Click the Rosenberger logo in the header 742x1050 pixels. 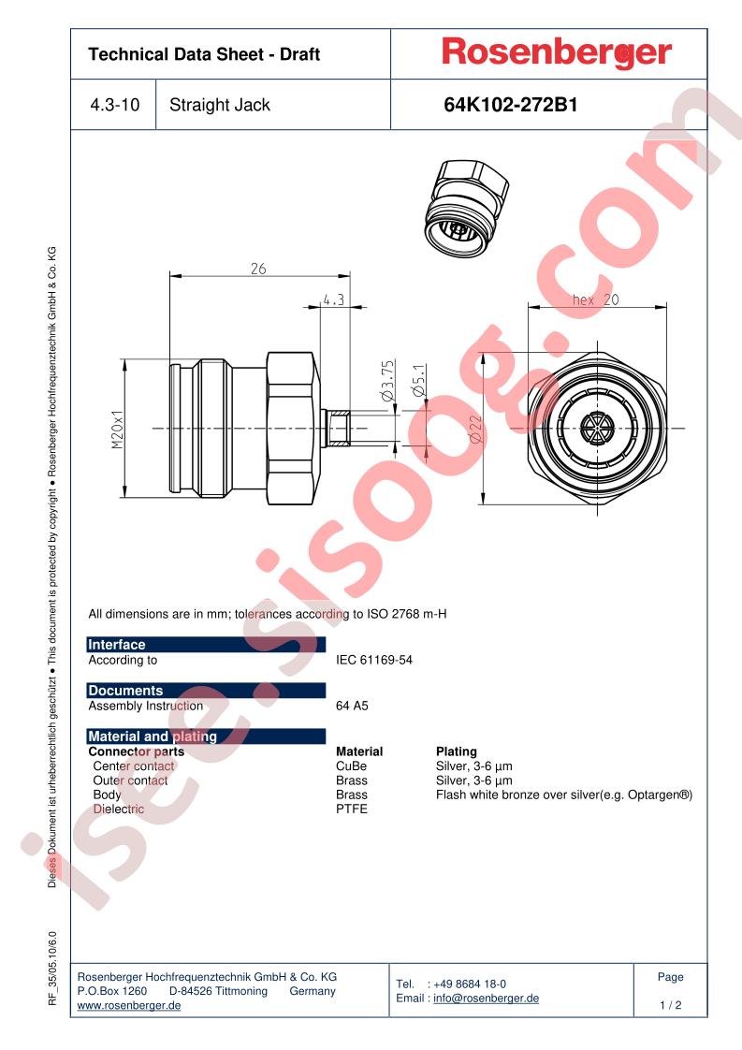click(557, 53)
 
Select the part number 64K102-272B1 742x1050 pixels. click(510, 105)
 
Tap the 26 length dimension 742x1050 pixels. click(258, 269)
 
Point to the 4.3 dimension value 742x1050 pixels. click(333, 299)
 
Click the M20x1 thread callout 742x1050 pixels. click(118, 430)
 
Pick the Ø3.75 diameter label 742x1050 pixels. click(387, 381)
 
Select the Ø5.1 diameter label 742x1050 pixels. click(419, 381)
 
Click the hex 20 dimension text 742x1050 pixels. click(595, 299)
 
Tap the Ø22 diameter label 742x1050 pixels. click(475, 430)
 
